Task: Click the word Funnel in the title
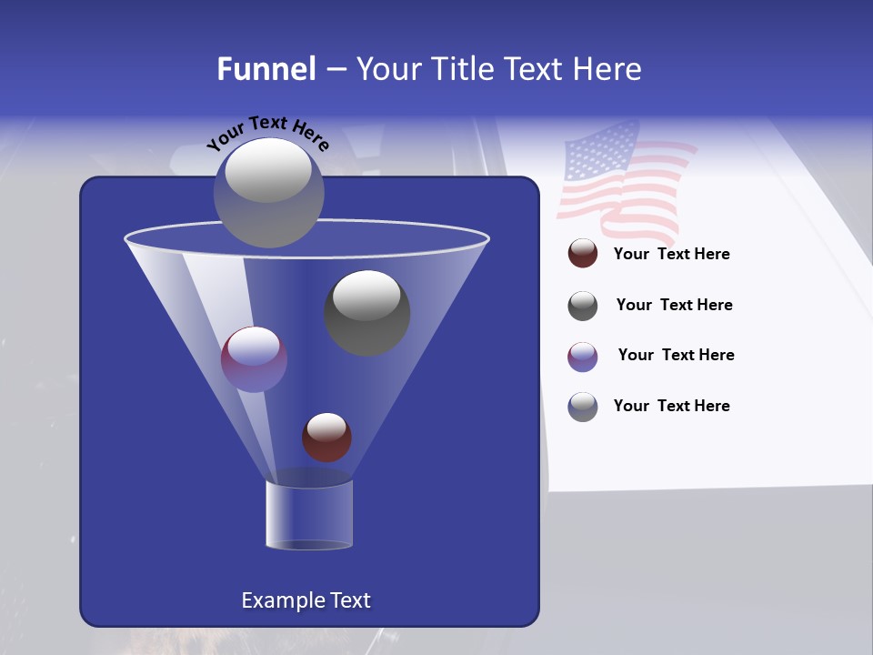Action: [x=266, y=69]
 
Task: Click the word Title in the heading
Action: [x=460, y=69]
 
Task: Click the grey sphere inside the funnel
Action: [x=367, y=312]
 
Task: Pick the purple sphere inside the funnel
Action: [x=254, y=359]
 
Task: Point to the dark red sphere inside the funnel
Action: [x=326, y=438]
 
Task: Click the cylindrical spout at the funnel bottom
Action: [x=308, y=515]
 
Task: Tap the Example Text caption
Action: [x=306, y=600]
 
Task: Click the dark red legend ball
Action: [x=583, y=254]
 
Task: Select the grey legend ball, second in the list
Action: [x=583, y=306]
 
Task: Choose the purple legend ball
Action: [x=583, y=357]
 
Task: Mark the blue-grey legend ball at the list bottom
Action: [x=583, y=407]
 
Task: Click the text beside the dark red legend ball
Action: [x=671, y=255]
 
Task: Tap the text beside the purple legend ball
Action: [x=676, y=356]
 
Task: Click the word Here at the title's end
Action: [x=607, y=69]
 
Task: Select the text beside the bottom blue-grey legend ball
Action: [x=671, y=406]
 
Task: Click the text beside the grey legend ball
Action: [x=674, y=306]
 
